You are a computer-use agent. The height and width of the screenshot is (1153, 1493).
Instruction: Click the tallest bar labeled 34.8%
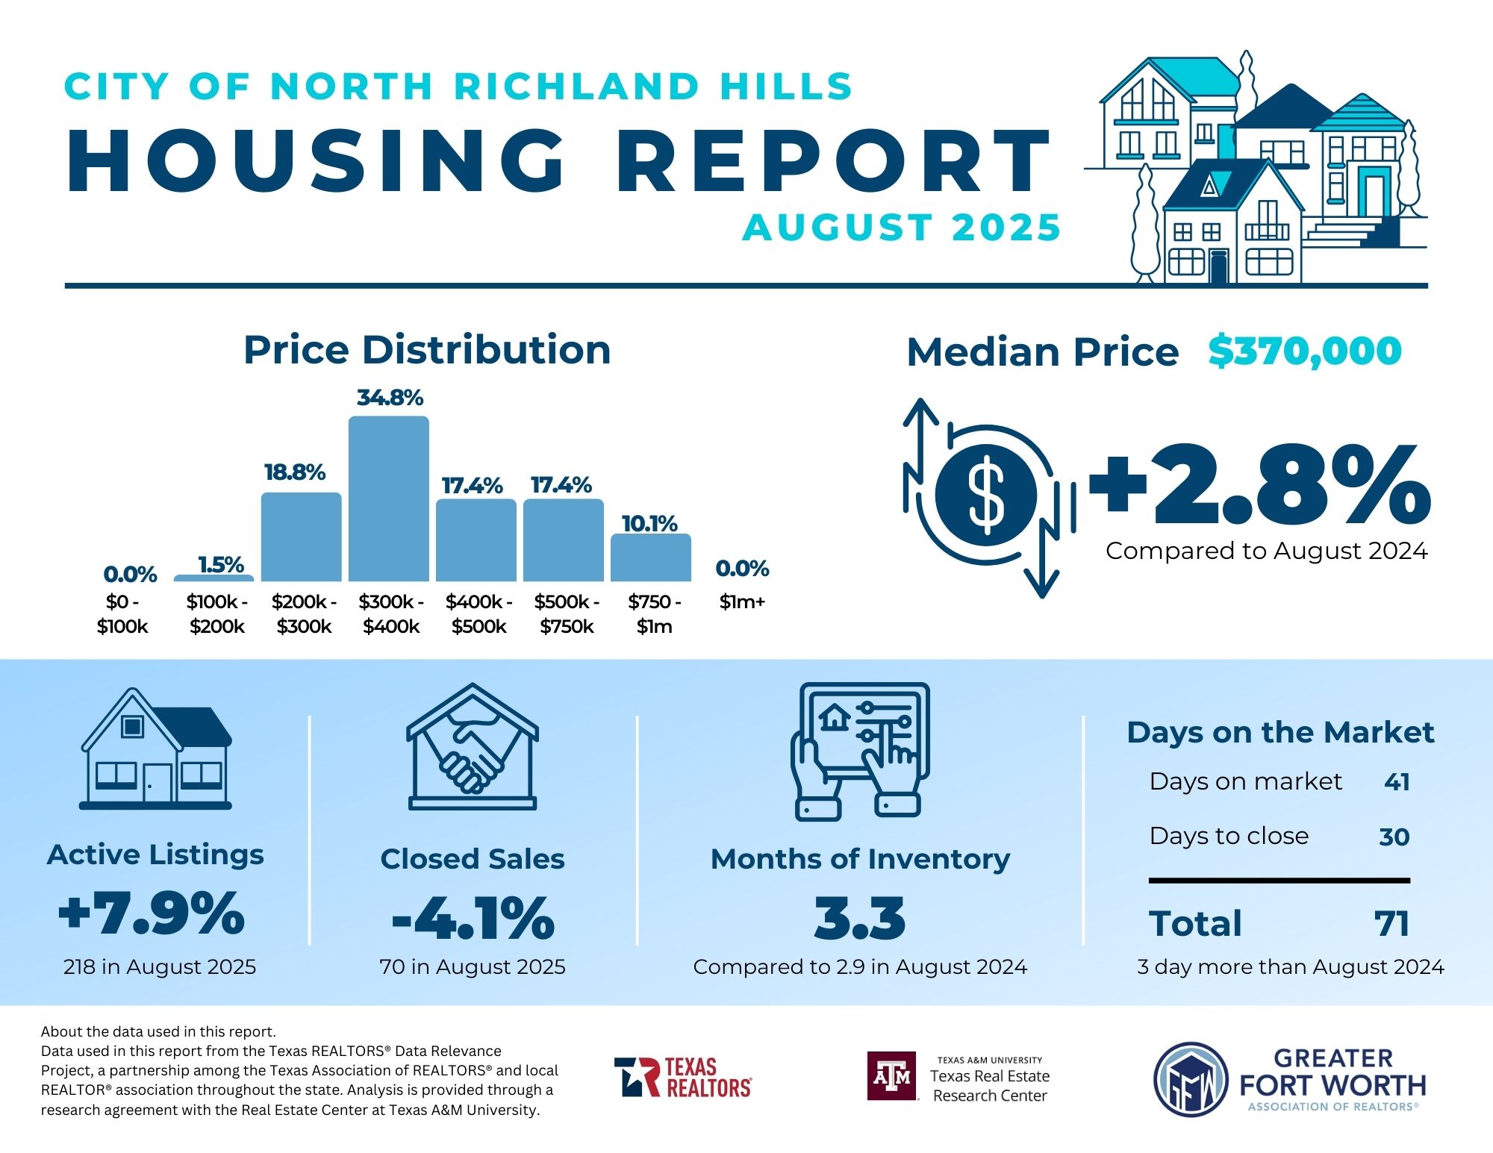click(389, 499)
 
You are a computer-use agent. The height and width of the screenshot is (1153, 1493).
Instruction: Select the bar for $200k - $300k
click(301, 537)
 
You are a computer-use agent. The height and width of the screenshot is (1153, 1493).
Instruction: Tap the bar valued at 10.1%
click(651, 557)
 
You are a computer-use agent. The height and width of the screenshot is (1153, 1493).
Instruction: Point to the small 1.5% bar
click(214, 578)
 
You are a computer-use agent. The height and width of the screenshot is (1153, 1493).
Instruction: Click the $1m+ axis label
click(742, 602)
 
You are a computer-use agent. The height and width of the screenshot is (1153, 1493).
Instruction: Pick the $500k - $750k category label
click(567, 613)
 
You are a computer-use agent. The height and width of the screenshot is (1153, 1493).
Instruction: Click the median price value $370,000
click(1305, 351)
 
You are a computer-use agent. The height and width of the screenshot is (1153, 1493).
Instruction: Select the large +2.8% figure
click(1260, 485)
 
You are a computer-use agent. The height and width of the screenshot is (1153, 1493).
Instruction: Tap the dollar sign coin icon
click(986, 494)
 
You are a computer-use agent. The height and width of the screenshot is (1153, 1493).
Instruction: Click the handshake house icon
click(472, 747)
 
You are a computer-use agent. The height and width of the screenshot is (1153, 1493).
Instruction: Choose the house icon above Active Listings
click(155, 749)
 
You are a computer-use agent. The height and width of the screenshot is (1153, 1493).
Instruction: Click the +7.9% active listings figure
click(152, 913)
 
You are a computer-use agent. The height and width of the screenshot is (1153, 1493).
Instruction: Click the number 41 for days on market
click(1397, 781)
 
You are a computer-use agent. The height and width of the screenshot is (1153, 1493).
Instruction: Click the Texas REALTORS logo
click(683, 1077)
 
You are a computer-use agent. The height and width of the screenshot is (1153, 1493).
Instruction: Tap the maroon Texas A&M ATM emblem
click(892, 1076)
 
